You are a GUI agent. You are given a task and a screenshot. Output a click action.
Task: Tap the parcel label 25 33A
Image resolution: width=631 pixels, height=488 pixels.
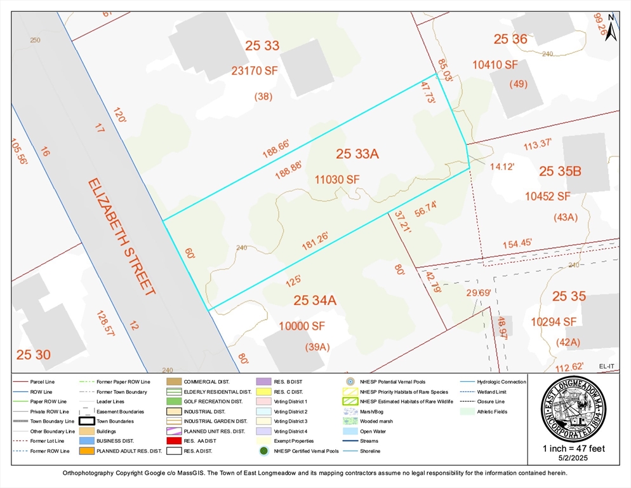coord(357,154)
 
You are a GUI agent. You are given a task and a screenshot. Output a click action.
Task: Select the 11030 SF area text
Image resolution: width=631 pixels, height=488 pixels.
coord(337,180)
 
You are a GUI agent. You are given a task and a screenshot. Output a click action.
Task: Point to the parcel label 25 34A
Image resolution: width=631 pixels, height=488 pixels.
coord(314,300)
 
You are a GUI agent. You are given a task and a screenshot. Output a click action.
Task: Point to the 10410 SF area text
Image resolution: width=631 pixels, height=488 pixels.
coord(495,65)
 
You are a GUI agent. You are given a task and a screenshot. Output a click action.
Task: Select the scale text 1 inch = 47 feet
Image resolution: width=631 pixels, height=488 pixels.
coord(574,449)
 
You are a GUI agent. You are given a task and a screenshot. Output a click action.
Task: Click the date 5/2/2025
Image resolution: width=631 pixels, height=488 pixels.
coord(574,459)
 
